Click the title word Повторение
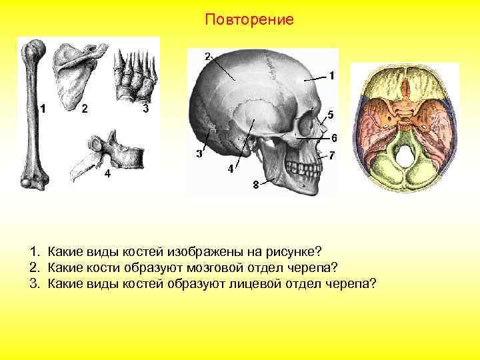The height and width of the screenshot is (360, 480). [x=249, y=19]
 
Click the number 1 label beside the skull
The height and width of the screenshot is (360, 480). [x=331, y=76]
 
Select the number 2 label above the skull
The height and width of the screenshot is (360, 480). [x=207, y=55]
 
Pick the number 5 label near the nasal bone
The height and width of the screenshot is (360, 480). [x=331, y=113]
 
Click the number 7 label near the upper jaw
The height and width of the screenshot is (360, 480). [x=331, y=156]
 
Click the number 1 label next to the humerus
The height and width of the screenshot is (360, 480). [x=43, y=108]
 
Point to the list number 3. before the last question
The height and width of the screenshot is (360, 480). [x=34, y=283]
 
